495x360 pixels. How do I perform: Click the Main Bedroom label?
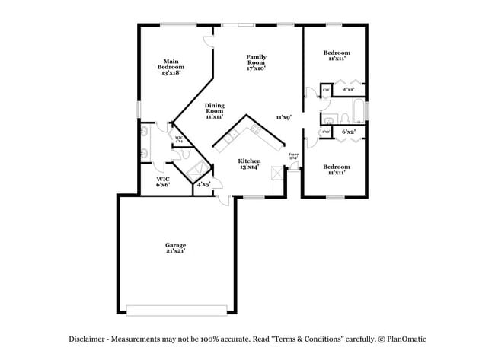171,63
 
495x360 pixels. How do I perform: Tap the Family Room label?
255,58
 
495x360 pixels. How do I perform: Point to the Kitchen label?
249,161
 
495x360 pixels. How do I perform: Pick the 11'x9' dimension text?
284,117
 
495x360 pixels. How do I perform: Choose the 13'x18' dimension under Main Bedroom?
171,74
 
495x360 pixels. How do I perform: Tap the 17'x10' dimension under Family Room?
255,68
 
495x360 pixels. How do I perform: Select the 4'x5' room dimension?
203,185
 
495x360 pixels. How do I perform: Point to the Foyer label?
293,155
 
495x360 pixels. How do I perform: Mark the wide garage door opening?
176,310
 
